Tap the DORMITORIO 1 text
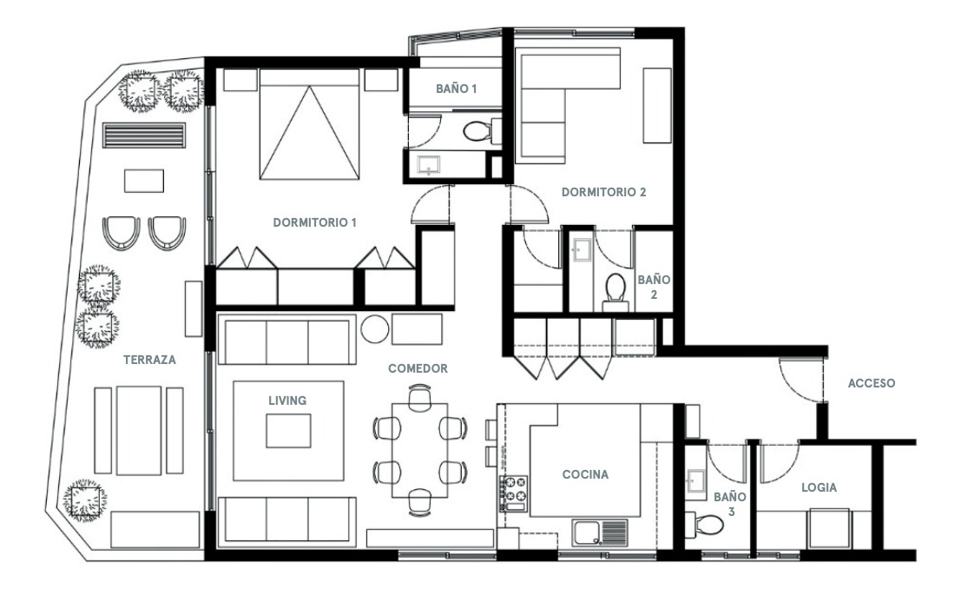[315, 222]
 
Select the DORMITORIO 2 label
[603, 192]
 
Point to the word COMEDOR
[418, 368]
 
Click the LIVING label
[287, 400]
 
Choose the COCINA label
[584, 474]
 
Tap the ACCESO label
[871, 382]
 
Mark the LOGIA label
[820, 487]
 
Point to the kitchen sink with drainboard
[600, 529]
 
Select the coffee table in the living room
[287, 430]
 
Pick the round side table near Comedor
[375, 331]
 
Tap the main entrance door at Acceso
[800, 380]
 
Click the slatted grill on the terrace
[144, 136]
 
